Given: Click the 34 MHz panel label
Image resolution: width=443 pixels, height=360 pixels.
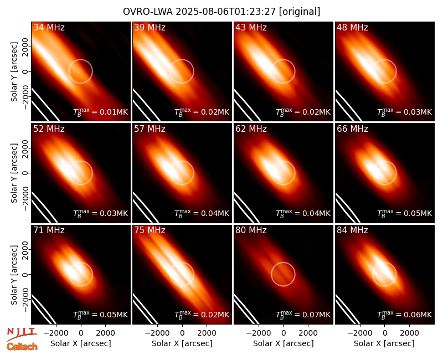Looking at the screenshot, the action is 49,27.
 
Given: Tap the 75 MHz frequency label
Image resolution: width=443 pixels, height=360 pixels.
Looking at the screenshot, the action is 150,230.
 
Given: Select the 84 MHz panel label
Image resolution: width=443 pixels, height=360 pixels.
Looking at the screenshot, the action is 352,230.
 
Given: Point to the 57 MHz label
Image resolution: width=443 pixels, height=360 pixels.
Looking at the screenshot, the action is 150,129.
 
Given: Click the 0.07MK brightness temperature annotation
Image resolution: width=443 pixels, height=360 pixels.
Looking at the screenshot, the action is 303,314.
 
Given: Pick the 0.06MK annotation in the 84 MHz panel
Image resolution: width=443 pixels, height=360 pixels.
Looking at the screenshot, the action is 404,314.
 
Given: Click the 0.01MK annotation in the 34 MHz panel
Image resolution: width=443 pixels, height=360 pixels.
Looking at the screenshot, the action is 100,112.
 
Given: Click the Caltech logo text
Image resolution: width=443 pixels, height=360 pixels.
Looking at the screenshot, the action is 22,347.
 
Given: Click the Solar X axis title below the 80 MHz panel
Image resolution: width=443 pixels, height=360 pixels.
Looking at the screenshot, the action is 284,343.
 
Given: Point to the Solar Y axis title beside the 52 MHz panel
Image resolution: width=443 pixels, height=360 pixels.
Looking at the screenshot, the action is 14,173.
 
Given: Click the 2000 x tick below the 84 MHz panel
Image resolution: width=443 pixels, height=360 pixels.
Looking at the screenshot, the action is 409,333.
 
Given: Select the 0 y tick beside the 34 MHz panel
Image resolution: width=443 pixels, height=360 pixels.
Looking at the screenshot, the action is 25,71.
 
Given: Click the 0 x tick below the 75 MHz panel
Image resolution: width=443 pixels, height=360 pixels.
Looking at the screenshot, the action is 182,333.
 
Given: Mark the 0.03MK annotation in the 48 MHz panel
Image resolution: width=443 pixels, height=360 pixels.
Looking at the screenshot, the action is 404,112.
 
